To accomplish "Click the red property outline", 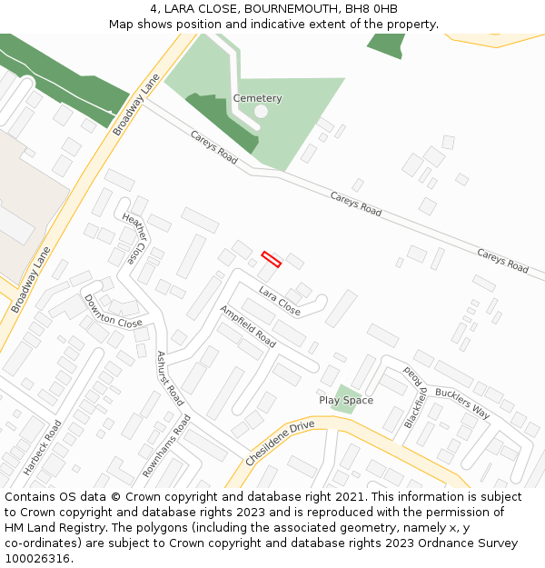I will [x=272, y=259].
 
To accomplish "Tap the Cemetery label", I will [x=257, y=98].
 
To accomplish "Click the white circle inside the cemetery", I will [x=261, y=112].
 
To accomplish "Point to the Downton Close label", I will [x=113, y=311].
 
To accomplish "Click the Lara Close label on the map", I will [x=279, y=300].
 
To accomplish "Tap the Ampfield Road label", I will [x=247, y=326].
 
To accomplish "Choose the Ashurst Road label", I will [x=170, y=378].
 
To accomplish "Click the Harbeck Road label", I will [x=42, y=447].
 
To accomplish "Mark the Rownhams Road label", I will [x=166, y=446].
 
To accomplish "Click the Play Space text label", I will [x=346, y=400].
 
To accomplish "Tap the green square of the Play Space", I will [x=344, y=397].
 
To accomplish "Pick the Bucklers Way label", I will [x=461, y=404].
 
